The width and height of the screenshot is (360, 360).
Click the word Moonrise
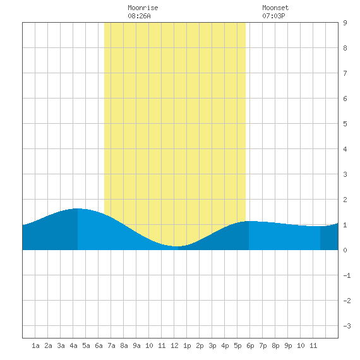click(x=143, y=8)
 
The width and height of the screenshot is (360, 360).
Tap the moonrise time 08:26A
click(x=139, y=16)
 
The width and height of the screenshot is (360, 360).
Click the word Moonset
click(x=275, y=8)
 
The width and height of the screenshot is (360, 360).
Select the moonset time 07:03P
click(x=273, y=16)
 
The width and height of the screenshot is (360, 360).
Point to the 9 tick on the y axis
click(x=345, y=23)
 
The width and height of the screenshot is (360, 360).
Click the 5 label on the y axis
click(x=345, y=124)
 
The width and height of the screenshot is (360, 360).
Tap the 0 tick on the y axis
click(x=345, y=250)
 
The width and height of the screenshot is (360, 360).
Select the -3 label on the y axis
click(x=347, y=326)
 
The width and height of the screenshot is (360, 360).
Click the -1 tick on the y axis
click(x=347, y=275)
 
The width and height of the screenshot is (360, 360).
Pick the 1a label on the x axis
click(x=35, y=345)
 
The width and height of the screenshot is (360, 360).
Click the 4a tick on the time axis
click(x=73, y=345)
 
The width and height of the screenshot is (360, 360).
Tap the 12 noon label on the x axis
click(x=174, y=345)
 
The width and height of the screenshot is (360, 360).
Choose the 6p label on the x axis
click(x=250, y=345)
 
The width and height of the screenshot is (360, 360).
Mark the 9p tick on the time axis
click(x=288, y=345)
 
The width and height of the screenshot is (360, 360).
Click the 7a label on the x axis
click(x=111, y=345)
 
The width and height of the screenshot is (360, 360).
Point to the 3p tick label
click(x=212, y=345)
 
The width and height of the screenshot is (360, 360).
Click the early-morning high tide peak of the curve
click(x=78, y=208)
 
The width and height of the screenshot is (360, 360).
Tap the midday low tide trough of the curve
click(x=176, y=246)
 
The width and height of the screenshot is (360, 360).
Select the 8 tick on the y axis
click(x=345, y=48)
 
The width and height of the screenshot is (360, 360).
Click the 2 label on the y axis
click(x=345, y=200)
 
